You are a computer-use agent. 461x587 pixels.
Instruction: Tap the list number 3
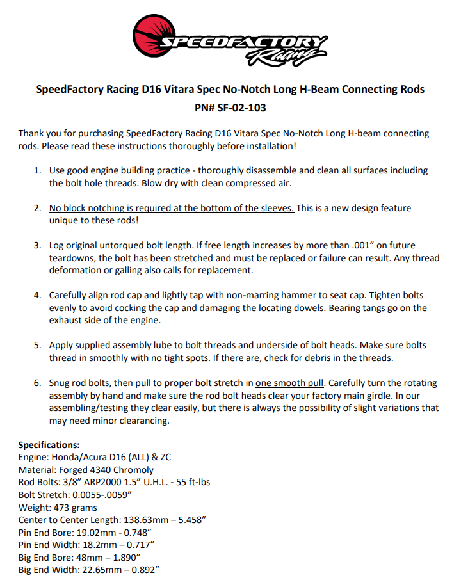point(37,246)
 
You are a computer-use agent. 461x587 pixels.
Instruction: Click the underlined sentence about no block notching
point(172,209)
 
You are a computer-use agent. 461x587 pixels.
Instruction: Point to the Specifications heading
point(49,445)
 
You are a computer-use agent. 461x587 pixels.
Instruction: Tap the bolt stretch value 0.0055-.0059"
point(102,495)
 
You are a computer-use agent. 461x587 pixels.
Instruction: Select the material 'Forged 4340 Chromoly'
point(101,470)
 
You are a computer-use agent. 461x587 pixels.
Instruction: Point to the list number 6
point(37,383)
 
